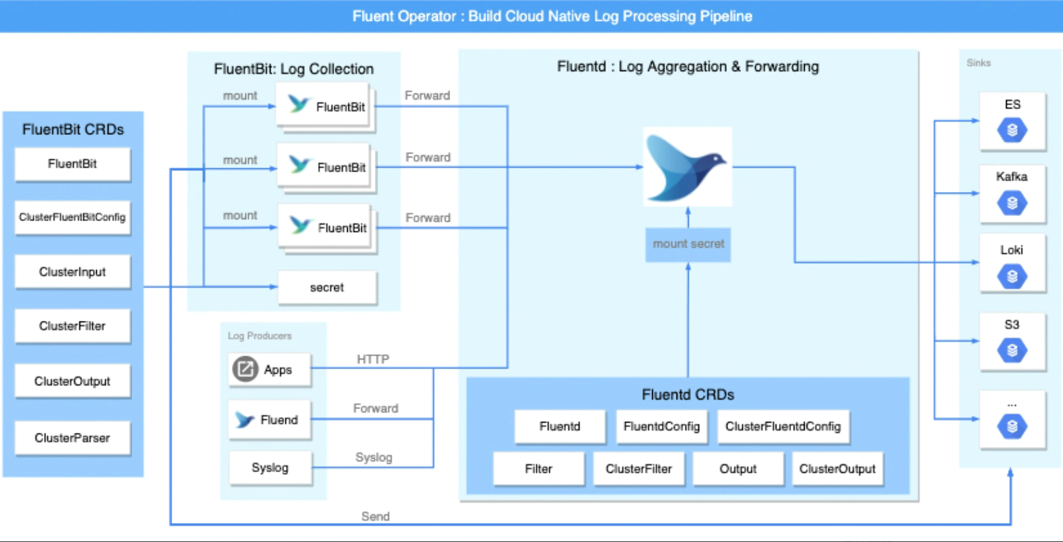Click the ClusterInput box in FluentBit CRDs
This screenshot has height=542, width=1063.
pyautogui.click(x=73, y=272)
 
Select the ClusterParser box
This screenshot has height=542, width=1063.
pyautogui.click(x=73, y=438)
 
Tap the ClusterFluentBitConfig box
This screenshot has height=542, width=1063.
pyautogui.click(x=73, y=217)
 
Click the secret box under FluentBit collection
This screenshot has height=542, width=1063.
pyautogui.click(x=327, y=288)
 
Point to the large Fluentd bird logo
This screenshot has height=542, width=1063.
pyautogui.click(x=687, y=167)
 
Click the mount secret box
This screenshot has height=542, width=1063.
pyautogui.click(x=688, y=244)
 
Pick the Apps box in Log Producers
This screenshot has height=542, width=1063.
pyautogui.click(x=269, y=370)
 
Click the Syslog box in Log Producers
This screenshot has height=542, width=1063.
pyautogui.click(x=270, y=468)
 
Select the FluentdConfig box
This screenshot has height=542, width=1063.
pyautogui.click(x=662, y=427)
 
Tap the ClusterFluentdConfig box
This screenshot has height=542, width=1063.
pyautogui.click(x=783, y=427)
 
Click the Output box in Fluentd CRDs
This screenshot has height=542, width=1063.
pyautogui.click(x=738, y=469)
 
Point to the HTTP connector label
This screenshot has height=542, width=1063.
pyautogui.click(x=373, y=360)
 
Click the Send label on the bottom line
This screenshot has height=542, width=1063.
pyautogui.click(x=376, y=516)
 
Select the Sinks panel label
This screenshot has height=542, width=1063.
pyautogui.click(x=978, y=63)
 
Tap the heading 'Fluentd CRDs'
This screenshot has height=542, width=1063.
pyautogui.click(x=687, y=394)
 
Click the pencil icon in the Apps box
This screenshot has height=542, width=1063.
pyautogui.click(x=245, y=370)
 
